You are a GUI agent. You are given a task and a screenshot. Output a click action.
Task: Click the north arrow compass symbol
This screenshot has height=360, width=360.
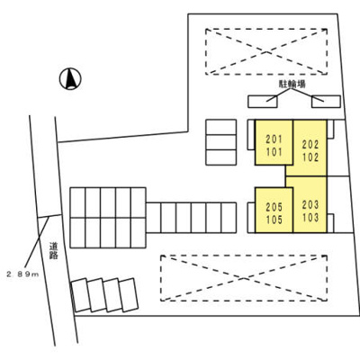click(x=70, y=79)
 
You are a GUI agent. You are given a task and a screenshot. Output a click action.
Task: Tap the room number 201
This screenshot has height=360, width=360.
click(x=274, y=139)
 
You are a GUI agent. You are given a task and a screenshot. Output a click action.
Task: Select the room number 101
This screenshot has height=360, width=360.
click(x=274, y=152)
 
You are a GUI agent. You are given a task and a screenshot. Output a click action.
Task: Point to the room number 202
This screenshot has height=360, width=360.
click(x=310, y=145)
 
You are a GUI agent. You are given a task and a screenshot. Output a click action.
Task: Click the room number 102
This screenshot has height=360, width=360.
click(x=310, y=157)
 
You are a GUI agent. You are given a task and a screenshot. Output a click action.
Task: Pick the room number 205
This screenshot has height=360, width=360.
click(x=274, y=207)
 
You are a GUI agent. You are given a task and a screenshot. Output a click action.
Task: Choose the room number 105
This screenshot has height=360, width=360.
click(x=274, y=220)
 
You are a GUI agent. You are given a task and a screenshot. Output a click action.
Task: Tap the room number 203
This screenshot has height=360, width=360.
click(x=310, y=205)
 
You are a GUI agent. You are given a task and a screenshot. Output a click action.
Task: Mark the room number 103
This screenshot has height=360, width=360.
click(x=310, y=218)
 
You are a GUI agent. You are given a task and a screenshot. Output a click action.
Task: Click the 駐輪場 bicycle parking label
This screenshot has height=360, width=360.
click(x=292, y=85)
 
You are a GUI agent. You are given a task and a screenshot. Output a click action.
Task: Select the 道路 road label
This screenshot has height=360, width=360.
click(x=54, y=250)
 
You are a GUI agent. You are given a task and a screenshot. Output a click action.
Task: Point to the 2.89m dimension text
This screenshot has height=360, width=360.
click(x=22, y=274)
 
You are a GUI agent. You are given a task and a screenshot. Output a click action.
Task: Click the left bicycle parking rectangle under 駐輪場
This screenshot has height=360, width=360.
click(x=263, y=102)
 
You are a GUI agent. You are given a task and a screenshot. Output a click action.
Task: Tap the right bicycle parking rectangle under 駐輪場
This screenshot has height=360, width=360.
click(x=326, y=102)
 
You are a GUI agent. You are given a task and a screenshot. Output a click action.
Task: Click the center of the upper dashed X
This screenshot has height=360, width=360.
click(x=266, y=51)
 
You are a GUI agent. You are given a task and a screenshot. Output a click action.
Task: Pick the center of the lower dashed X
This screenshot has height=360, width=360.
click(x=244, y=278)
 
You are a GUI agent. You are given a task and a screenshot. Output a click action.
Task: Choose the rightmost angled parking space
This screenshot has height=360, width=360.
click(x=129, y=295)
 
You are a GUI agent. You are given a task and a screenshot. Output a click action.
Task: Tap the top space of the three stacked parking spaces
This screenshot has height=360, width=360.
click(x=221, y=127)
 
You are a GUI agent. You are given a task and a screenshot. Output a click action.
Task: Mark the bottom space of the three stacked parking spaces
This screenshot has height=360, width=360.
click(x=221, y=157)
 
